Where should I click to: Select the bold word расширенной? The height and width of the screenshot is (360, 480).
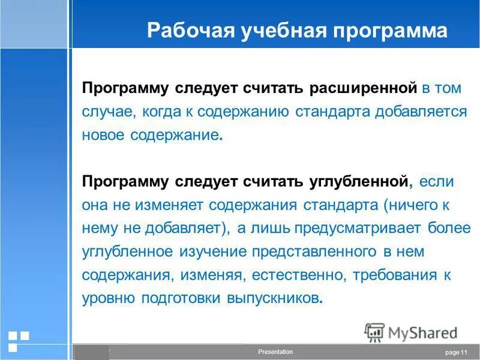tap(363, 89)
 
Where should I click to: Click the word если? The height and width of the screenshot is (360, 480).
tap(437, 181)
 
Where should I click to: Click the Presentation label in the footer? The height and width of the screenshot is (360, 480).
tap(275, 352)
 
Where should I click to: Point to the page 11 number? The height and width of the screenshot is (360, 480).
tap(456, 352)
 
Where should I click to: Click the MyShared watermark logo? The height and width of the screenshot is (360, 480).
tap(411, 332)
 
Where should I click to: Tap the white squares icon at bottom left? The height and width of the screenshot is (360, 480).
tap(18, 340)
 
